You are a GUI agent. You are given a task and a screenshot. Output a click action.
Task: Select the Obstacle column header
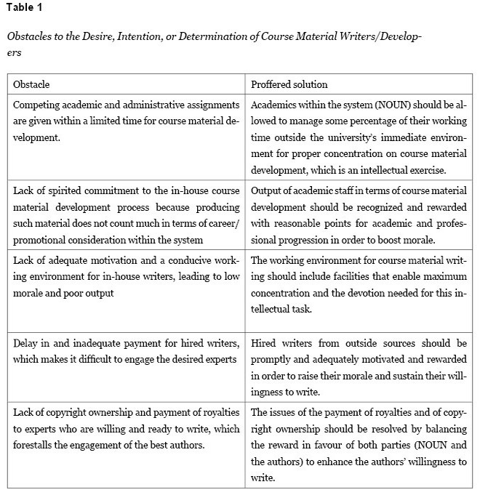pyautogui.click(x=31, y=84)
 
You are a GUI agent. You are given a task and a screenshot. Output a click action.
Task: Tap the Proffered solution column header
pyautogui.click(x=289, y=84)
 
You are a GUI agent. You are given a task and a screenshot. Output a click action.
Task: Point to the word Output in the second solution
pyautogui.click(x=267, y=190)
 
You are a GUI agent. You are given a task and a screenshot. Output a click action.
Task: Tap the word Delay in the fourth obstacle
pyautogui.click(x=26, y=342)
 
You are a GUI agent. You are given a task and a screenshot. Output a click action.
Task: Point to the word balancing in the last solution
pyautogui.click(x=445, y=429)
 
